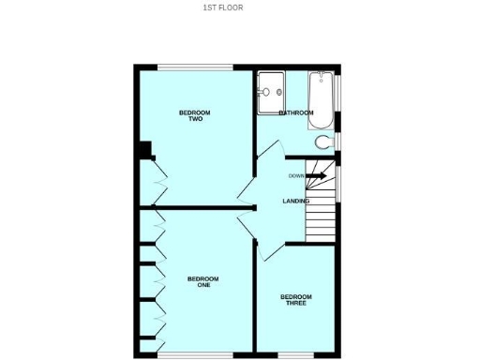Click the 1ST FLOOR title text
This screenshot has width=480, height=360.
click(x=222, y=7)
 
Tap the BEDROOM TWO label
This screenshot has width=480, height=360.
click(x=195, y=116)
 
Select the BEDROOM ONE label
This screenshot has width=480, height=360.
click(x=202, y=281)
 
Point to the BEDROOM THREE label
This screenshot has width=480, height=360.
click(x=295, y=300)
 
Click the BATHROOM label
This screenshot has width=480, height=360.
click(x=295, y=113)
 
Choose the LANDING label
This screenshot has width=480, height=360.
click(x=296, y=201)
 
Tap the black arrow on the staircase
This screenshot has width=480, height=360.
click(x=316, y=175)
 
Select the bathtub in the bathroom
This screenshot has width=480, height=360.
click(x=321, y=100)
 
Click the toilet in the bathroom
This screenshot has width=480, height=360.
click(x=323, y=142)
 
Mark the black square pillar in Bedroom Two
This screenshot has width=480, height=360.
click(x=143, y=149)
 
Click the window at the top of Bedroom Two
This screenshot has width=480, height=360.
click(x=194, y=67)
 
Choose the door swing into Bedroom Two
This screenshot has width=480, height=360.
click(x=247, y=194)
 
